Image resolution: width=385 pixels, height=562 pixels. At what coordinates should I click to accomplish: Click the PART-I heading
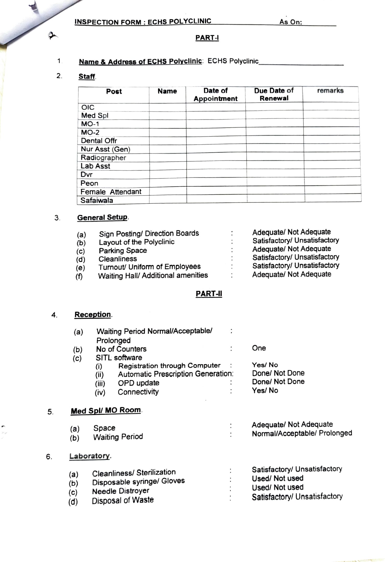(207, 38)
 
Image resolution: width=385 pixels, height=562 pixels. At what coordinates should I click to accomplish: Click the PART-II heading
(209, 294)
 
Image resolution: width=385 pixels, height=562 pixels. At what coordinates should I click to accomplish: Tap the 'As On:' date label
(290, 22)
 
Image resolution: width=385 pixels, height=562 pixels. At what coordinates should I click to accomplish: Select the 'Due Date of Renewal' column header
(274, 94)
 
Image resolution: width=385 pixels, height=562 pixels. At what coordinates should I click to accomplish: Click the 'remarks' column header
(330, 91)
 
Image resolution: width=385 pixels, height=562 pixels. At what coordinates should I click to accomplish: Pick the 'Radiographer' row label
(103, 158)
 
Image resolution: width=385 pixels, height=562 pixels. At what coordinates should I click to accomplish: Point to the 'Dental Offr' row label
(99, 141)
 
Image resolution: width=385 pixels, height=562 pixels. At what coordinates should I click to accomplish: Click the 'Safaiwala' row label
(97, 200)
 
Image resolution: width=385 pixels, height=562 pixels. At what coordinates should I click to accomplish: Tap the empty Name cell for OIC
(167, 107)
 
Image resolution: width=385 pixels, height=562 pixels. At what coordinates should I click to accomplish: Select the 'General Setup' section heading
(102, 217)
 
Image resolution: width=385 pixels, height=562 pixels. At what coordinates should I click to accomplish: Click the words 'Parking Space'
(123, 250)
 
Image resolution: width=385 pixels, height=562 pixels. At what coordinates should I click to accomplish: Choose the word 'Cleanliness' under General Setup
(118, 259)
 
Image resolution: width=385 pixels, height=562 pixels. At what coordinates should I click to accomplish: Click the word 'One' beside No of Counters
(259, 348)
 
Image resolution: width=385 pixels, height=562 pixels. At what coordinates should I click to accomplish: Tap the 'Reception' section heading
(93, 314)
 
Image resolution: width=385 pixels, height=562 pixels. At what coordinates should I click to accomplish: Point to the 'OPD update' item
(138, 383)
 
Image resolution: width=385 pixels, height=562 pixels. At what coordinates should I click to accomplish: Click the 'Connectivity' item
(138, 392)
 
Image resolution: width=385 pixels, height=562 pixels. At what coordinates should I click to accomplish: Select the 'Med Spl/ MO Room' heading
(106, 411)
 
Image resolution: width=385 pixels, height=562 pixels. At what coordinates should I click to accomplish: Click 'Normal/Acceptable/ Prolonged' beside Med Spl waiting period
(302, 433)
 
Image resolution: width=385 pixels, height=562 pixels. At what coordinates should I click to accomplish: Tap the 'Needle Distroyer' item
(120, 491)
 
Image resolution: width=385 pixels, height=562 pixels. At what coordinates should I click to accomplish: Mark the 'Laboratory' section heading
(89, 456)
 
